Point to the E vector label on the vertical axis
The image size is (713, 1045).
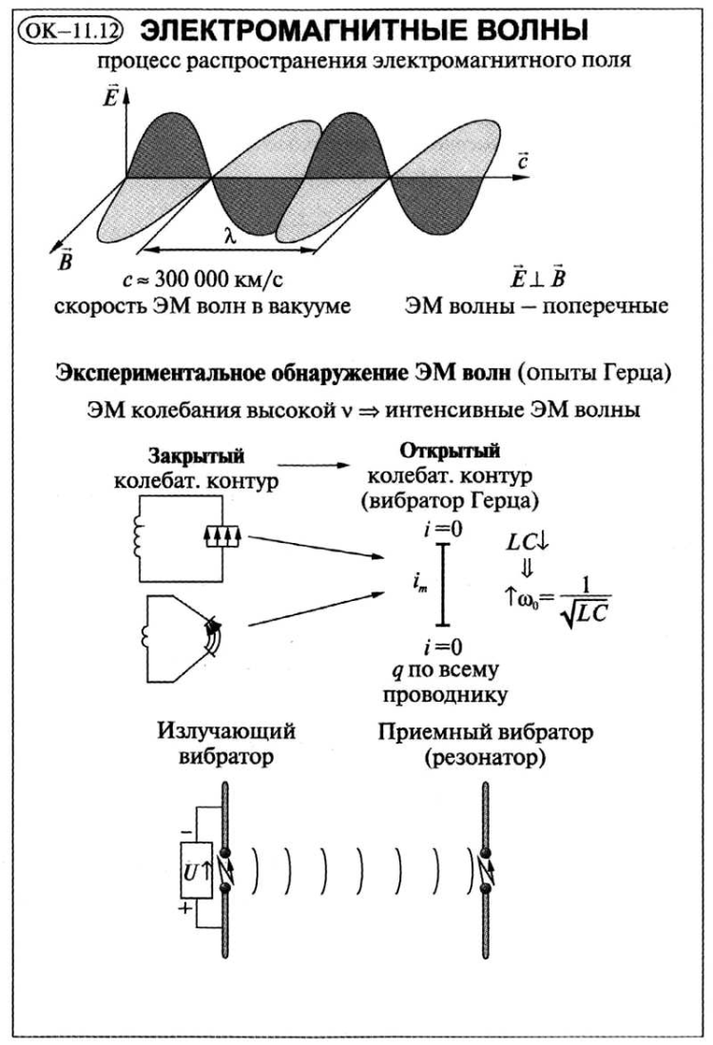[110, 97]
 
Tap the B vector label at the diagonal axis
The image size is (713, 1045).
[65, 259]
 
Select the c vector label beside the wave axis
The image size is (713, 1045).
[523, 162]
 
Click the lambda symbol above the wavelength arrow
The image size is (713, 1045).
[230, 236]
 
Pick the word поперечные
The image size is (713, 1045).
[605, 305]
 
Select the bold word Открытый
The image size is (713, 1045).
[450, 452]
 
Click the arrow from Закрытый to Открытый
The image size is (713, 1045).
[313, 465]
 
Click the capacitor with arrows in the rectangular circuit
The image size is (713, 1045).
[222, 536]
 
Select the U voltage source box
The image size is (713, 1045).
[197, 870]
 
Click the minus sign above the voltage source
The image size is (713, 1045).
[186, 832]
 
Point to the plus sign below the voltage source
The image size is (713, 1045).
[185, 908]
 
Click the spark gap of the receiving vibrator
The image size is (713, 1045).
[487, 870]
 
